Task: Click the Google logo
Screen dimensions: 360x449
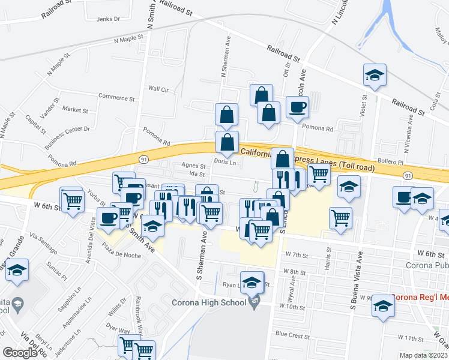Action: coord(20,352)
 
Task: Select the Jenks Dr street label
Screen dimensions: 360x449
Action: coord(108,19)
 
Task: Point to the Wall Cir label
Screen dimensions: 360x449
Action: coord(159,89)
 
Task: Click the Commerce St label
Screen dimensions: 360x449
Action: coord(117,97)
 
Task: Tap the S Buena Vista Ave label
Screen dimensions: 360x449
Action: coord(355,290)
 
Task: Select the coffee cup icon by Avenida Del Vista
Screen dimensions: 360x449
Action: coord(110,219)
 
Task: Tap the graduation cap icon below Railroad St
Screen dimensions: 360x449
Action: coord(375,76)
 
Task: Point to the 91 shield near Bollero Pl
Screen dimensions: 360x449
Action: coord(408,175)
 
